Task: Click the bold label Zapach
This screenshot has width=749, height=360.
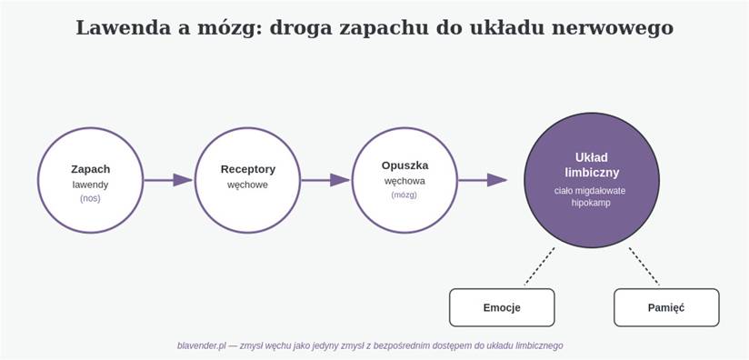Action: point(90,169)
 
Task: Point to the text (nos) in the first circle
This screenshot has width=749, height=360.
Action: point(90,198)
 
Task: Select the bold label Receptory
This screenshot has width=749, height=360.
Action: point(248,169)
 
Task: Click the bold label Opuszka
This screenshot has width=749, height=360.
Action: point(405,165)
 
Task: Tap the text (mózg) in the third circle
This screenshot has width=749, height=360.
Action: point(404,195)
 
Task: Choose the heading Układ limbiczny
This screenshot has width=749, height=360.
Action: point(592,165)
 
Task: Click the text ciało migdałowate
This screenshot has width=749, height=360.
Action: point(590,191)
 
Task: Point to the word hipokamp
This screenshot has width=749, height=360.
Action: point(591,203)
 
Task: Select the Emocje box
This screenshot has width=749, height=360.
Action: point(502,307)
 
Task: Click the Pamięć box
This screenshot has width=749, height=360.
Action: point(666,307)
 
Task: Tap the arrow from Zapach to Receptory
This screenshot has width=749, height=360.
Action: point(167,180)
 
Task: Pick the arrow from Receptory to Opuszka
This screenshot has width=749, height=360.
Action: point(325,180)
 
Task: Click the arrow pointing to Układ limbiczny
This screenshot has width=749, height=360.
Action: point(483,180)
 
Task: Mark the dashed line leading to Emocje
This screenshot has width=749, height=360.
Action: point(539,266)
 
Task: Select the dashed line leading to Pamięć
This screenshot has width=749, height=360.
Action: point(644,266)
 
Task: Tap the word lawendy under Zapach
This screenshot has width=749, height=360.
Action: point(90,185)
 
